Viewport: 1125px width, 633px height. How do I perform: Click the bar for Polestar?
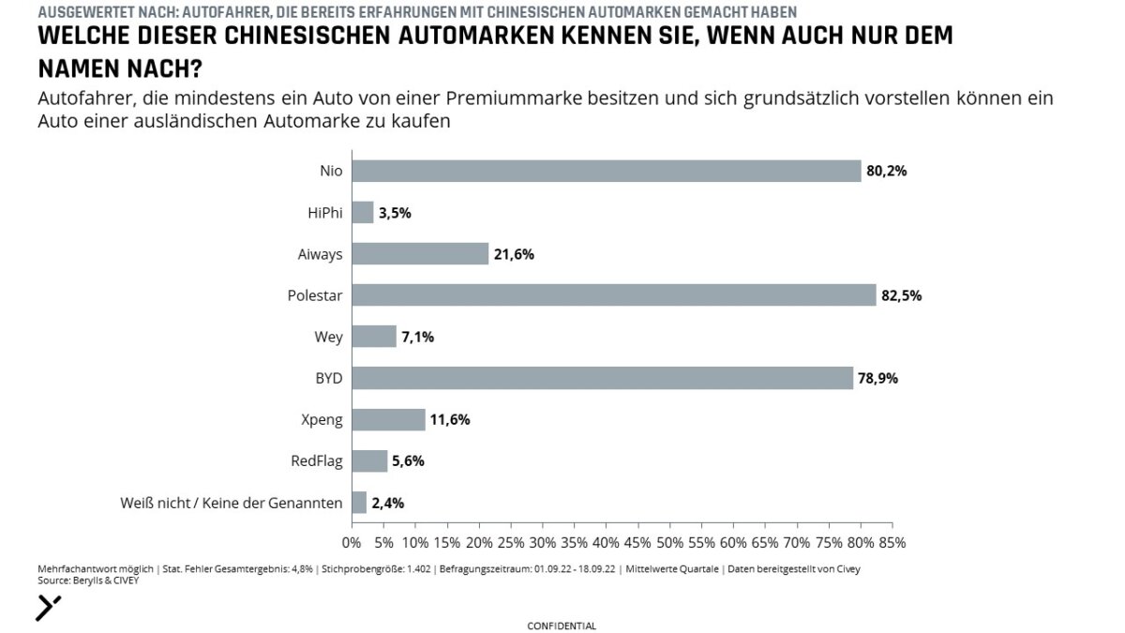click(613, 295)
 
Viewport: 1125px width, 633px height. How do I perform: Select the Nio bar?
click(606, 171)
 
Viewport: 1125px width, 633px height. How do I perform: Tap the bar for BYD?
click(602, 378)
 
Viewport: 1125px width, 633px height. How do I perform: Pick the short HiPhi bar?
click(362, 213)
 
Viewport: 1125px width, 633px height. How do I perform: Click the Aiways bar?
click(420, 254)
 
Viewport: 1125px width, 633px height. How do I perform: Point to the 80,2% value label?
click(886, 172)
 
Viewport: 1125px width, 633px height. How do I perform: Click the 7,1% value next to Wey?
click(418, 337)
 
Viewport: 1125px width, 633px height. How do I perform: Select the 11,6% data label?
click(450, 419)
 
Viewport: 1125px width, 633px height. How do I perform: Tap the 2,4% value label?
click(388, 503)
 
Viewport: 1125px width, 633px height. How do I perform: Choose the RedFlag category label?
click(317, 460)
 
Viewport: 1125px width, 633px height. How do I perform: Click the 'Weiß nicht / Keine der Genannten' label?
click(231, 503)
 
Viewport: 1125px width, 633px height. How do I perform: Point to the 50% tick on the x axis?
click(669, 542)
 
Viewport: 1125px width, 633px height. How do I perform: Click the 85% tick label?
click(892, 542)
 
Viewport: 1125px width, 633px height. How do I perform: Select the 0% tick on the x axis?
click(352, 542)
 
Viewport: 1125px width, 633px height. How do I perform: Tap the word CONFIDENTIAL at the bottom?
click(562, 625)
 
